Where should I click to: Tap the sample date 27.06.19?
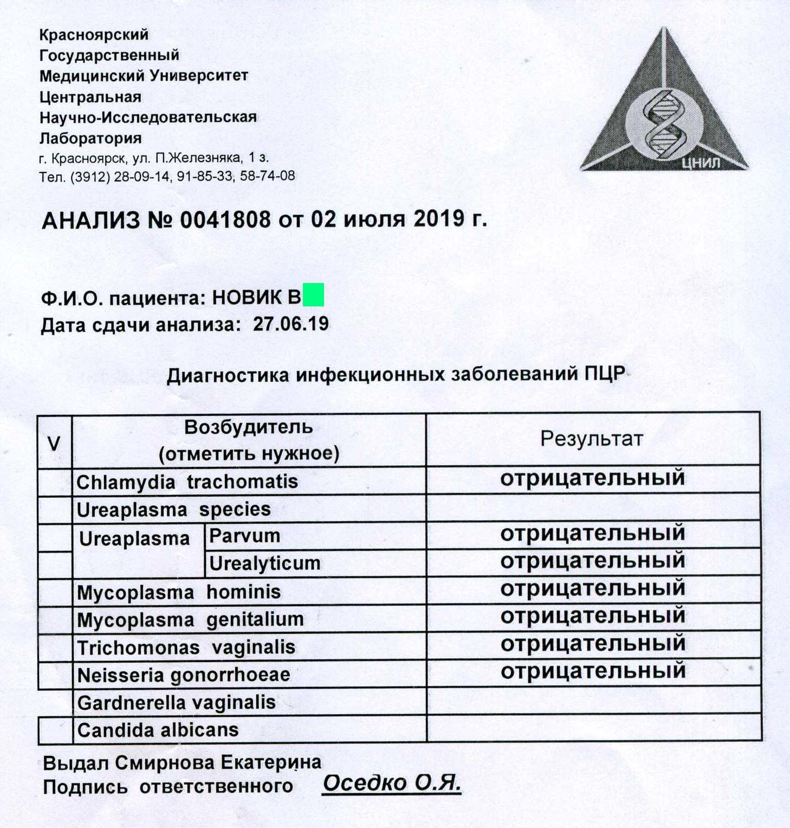click(290, 324)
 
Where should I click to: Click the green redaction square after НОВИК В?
click(313, 294)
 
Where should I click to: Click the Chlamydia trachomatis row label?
click(187, 482)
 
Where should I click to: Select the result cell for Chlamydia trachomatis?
click(592, 478)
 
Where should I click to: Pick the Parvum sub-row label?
click(244, 536)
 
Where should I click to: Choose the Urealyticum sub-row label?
click(264, 563)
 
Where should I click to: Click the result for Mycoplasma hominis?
click(592, 588)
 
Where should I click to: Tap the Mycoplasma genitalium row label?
click(190, 619)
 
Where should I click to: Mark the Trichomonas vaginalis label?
click(186, 647)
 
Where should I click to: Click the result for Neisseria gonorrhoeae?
click(592, 671)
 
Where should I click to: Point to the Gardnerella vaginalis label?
click(176, 703)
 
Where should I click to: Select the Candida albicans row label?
click(158, 730)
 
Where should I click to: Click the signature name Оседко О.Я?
click(391, 783)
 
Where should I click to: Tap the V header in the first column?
click(54, 444)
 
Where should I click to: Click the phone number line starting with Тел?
click(167, 176)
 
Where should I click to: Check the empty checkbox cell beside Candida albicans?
click(55, 730)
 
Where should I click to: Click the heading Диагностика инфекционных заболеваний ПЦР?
click(396, 375)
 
